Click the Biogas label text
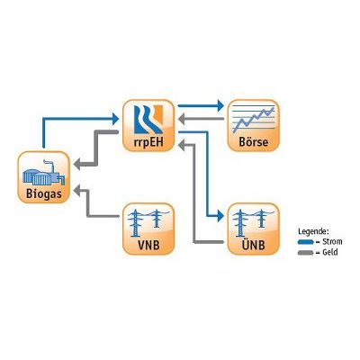coord(44,193)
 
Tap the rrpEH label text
coord(148,141)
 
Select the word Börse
coord(254,141)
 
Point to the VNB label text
coord(148,245)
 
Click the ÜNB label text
coord(254,244)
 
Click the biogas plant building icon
coord(44,173)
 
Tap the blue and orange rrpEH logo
coord(148,119)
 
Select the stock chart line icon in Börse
coord(254,120)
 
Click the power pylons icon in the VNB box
coord(148,223)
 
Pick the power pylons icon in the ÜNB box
coord(254,223)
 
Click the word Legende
coord(314,232)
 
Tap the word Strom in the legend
coord(332,241)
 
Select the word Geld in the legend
coord(330,252)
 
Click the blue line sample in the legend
coord(305,242)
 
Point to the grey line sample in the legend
coord(305,253)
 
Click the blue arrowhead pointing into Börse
coord(220,105)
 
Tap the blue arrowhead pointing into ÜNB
coord(220,216)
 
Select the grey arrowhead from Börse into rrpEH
coord(182,119)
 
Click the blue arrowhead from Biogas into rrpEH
coord(116,119)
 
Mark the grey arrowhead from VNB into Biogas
coord(77,190)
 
